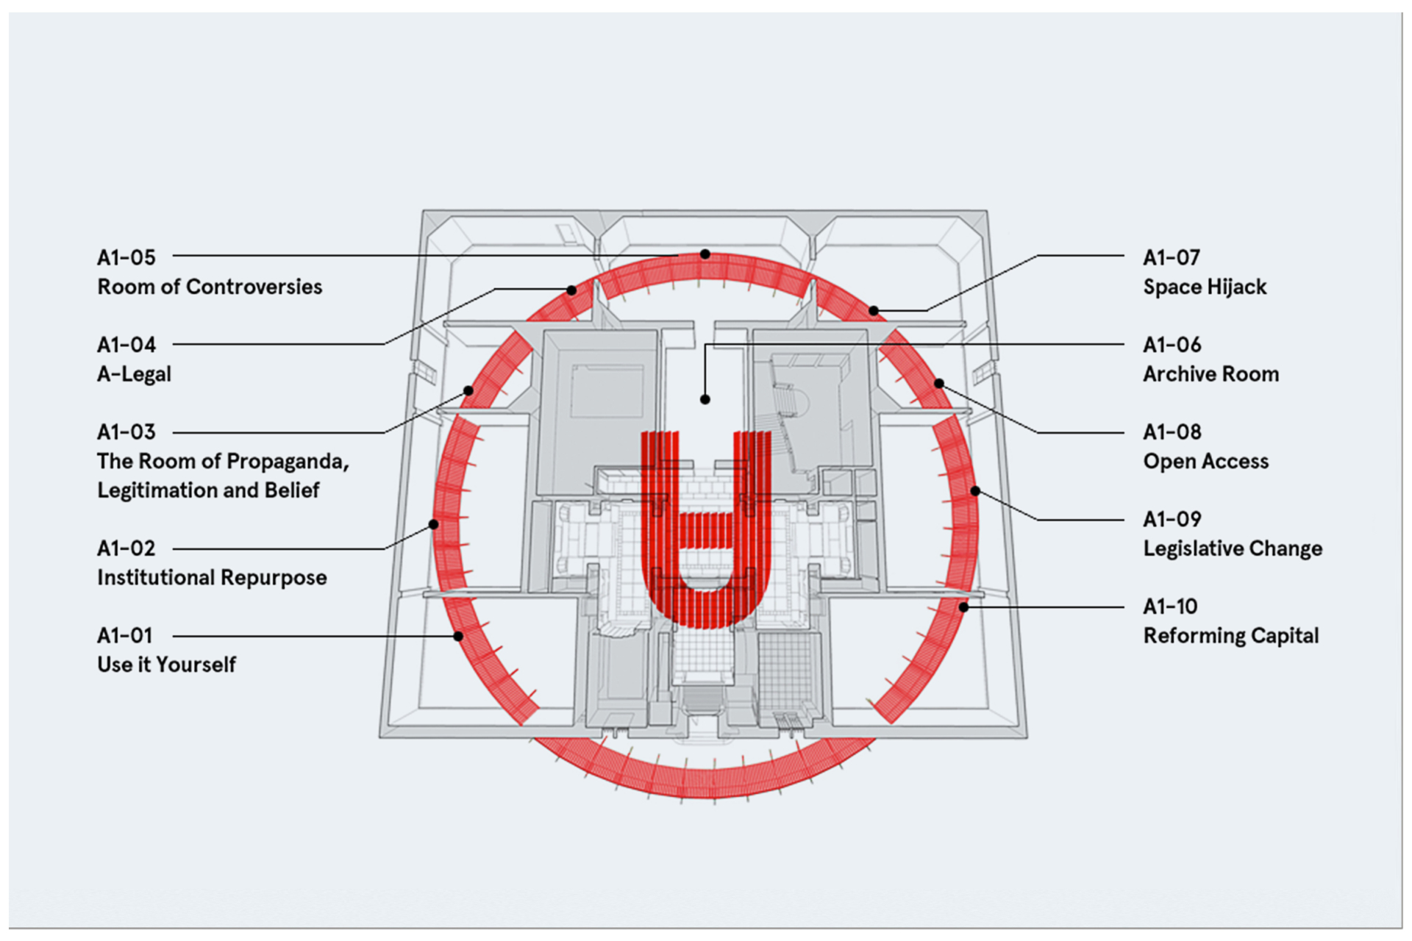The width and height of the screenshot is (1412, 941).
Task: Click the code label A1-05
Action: [126, 257]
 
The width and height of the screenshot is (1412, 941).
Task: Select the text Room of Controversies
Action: [210, 287]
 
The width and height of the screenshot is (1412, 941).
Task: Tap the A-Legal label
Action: [134, 374]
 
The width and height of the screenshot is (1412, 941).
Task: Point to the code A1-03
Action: [126, 432]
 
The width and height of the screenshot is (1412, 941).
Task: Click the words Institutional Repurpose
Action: [212, 578]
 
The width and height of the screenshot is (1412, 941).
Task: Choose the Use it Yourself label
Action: [166, 665]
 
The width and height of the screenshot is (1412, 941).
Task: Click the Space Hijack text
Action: [1205, 287]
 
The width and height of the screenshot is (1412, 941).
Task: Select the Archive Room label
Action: [1210, 374]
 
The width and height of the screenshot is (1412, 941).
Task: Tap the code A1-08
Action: [1172, 432]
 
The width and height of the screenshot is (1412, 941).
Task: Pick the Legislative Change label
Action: [1233, 548]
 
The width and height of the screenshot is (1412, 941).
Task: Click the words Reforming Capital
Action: [1231, 636]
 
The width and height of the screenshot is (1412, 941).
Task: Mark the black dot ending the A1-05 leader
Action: [705, 254]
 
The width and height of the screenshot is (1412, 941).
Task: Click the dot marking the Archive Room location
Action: [705, 399]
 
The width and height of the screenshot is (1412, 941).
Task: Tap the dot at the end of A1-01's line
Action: [458, 636]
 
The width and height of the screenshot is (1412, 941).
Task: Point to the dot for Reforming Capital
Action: [963, 607]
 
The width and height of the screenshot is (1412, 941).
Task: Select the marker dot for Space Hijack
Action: [874, 311]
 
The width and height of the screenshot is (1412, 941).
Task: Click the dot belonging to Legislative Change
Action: [975, 491]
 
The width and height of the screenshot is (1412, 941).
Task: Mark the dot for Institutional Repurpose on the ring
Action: [434, 524]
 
